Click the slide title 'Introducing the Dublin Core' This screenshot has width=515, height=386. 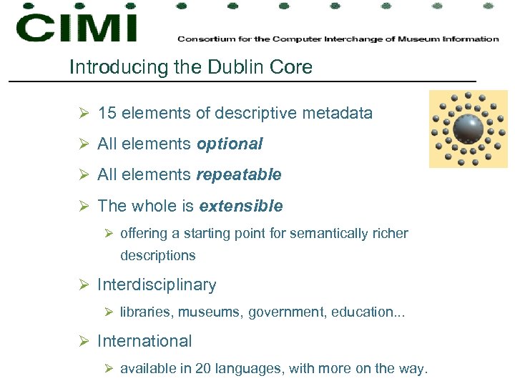(191, 67)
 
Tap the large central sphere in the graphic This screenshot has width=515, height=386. (468, 129)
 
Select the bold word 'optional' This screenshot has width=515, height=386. (230, 144)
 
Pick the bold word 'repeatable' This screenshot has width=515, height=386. (239, 174)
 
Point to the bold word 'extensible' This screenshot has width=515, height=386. (241, 206)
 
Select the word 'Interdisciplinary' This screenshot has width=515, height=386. (157, 284)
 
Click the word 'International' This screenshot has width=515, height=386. (144, 341)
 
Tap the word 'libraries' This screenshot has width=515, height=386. (147, 312)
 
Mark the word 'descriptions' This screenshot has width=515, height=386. (157, 255)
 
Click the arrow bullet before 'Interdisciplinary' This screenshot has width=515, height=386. (84, 285)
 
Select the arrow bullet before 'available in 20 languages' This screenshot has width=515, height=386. (109, 369)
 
